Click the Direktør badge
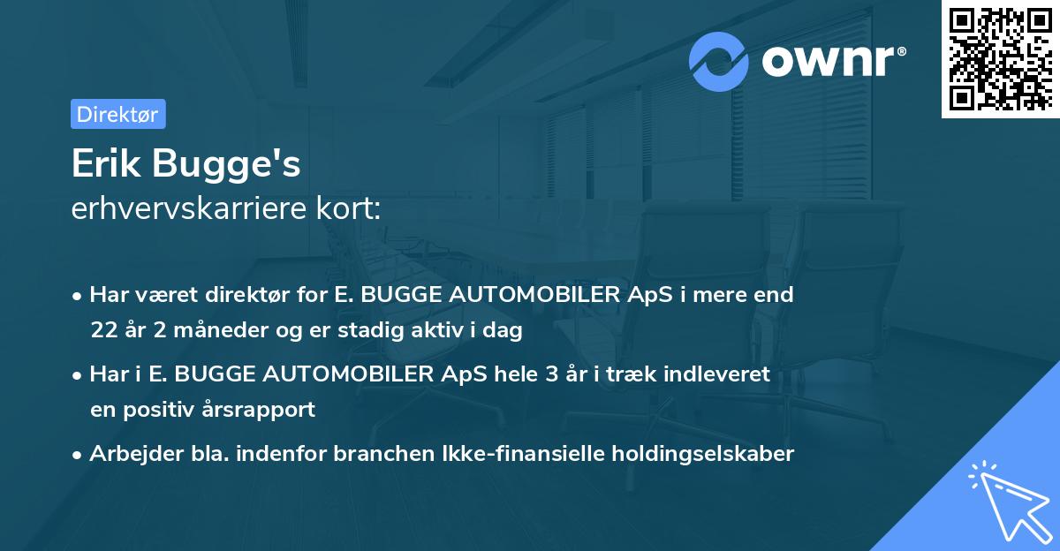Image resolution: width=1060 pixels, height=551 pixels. [x=117, y=114]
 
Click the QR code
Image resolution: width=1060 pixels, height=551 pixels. [x=1000, y=59]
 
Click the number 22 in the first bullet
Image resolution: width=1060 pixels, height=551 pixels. [x=102, y=331]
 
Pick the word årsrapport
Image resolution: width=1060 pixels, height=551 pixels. [x=268, y=410]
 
